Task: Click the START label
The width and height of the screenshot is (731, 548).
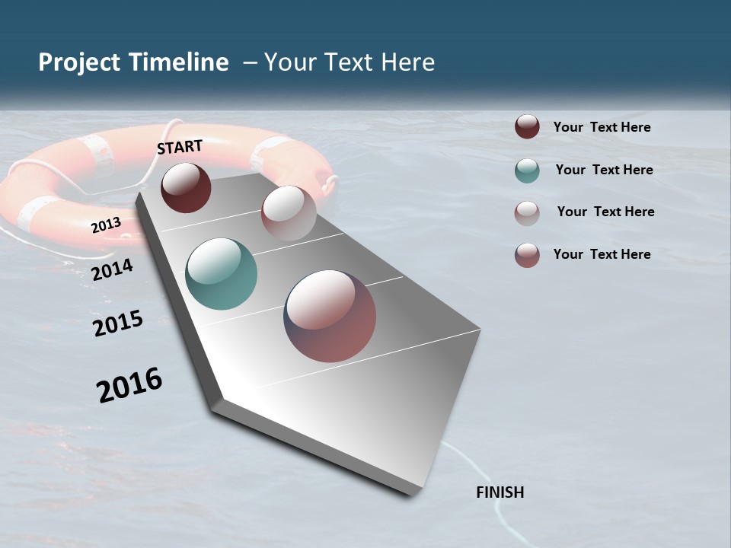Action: tap(180, 147)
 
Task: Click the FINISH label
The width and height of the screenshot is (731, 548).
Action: tap(500, 492)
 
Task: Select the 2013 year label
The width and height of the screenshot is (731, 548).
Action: tap(106, 225)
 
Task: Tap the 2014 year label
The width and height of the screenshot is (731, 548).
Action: tap(112, 269)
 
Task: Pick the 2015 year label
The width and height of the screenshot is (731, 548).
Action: tap(118, 323)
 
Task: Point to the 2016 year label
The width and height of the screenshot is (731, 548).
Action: tap(129, 385)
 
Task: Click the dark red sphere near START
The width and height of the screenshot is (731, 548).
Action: tap(186, 187)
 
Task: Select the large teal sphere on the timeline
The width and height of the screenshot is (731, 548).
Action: tap(221, 274)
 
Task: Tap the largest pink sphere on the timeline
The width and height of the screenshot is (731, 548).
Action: tap(330, 315)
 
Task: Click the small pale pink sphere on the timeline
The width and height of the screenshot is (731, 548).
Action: tap(289, 212)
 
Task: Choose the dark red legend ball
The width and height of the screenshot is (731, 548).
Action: tap(527, 127)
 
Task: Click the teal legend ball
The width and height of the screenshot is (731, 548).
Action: tap(527, 170)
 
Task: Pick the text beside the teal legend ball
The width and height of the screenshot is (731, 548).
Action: tap(604, 170)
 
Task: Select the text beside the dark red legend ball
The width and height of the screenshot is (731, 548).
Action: tap(602, 127)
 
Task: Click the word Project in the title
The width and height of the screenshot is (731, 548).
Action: tap(80, 62)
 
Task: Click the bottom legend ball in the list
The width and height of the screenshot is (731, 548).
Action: tap(527, 255)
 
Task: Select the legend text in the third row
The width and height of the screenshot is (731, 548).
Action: tap(605, 212)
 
